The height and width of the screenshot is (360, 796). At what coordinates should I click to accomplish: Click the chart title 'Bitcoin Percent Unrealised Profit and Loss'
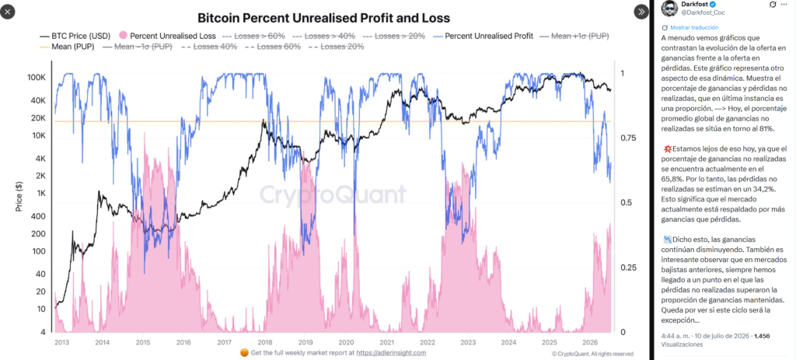(323, 19)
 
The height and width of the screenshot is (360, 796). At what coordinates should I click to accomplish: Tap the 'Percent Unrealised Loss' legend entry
(168, 36)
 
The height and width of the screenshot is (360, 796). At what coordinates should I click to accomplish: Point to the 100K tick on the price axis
(37, 79)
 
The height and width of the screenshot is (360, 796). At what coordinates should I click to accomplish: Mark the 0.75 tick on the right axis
(627, 138)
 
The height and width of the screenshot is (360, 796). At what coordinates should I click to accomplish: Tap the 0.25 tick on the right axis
(627, 267)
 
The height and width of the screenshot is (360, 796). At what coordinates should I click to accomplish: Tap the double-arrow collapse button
(641, 11)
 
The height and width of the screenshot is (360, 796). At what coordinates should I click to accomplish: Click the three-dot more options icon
(784, 5)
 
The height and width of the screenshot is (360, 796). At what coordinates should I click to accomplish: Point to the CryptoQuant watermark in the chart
(333, 194)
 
